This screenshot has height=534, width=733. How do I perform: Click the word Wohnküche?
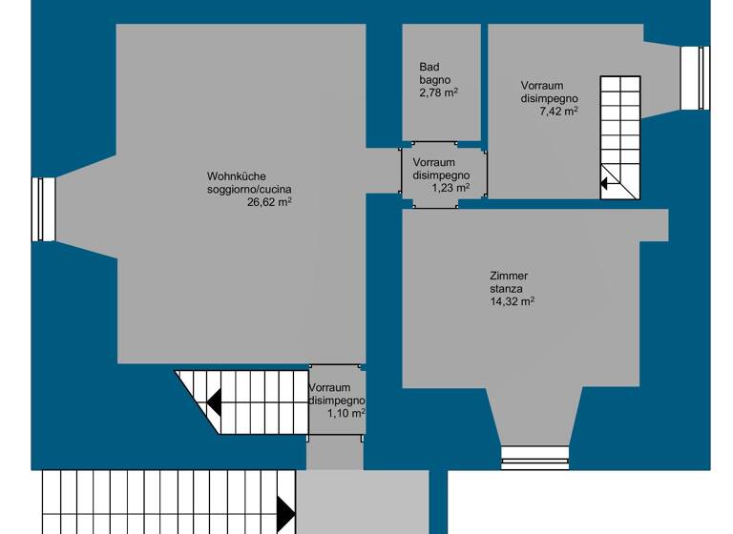[236, 176]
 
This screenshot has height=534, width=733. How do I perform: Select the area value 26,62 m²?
[269, 202]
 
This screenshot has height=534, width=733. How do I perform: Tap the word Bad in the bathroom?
[429, 67]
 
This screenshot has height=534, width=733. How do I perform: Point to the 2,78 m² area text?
[439, 92]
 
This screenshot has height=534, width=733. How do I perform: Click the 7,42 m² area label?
[558, 111]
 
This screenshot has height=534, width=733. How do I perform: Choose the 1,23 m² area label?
[450, 188]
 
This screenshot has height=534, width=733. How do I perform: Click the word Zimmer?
[509, 276]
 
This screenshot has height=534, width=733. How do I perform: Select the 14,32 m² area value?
[512, 301]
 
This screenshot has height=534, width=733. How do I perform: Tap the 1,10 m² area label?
[346, 413]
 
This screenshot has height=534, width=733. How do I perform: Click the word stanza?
[507, 288]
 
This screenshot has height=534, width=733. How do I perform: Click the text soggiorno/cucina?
[249, 189]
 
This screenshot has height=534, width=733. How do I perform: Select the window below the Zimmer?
[534, 459]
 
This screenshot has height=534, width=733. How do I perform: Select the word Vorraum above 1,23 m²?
[434, 163]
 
